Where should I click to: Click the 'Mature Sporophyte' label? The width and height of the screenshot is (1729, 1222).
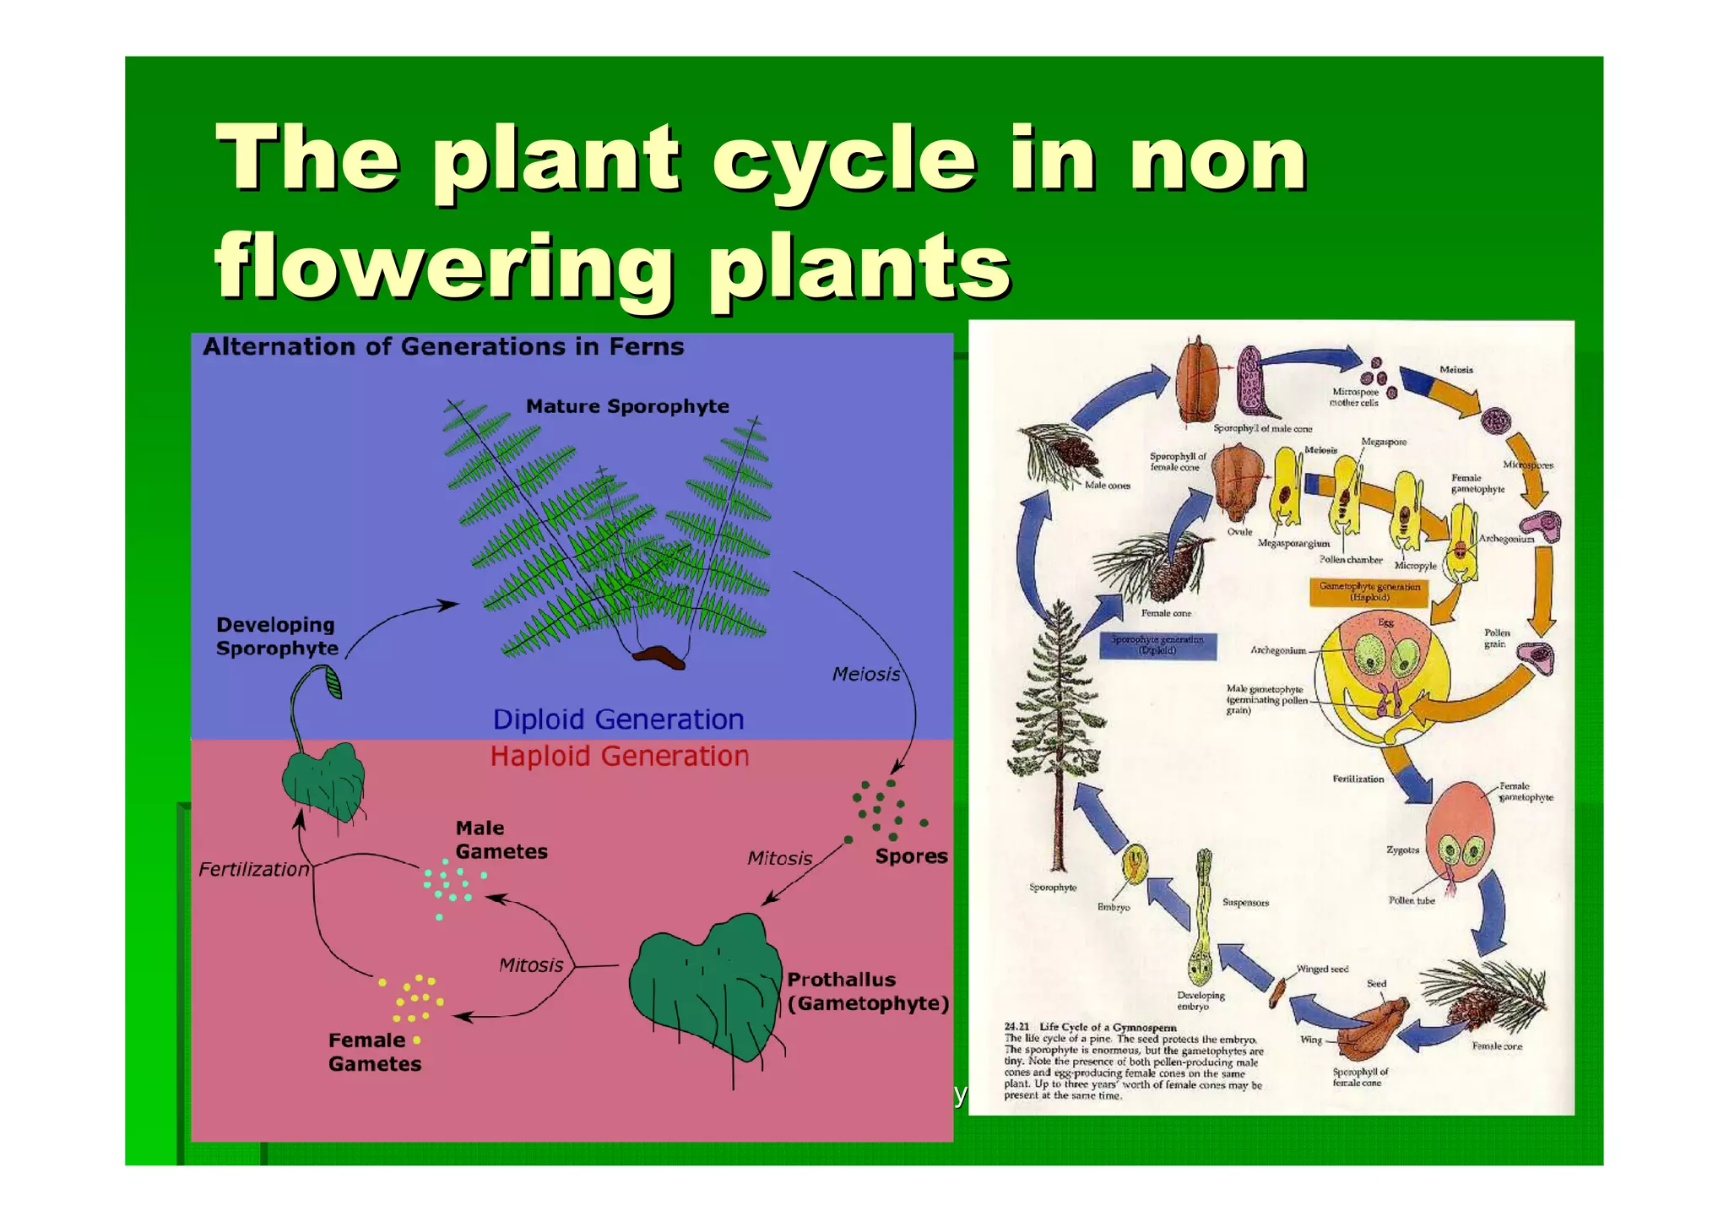[x=627, y=406]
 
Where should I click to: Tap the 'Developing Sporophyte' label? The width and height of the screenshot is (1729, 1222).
[x=277, y=637]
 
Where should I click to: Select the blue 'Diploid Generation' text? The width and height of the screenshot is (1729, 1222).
[x=618, y=720]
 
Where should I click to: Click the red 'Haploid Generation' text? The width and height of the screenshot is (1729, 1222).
[x=620, y=757]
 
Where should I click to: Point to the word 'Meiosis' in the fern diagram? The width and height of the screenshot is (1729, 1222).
[x=865, y=675]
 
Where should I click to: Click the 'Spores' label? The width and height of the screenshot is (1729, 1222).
[x=911, y=856]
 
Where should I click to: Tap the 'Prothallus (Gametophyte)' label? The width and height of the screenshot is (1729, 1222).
[x=867, y=992]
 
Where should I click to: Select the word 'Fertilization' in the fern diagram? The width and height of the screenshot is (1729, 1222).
[x=253, y=870]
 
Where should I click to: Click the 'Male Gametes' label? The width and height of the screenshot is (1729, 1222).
[x=501, y=840]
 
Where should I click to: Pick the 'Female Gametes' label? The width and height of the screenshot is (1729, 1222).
[x=374, y=1052]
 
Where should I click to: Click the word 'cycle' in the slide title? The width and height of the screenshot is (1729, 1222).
[x=844, y=160]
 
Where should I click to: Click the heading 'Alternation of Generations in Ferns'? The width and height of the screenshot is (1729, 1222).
[x=443, y=347]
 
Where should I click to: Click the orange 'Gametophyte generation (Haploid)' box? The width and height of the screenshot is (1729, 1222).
[x=1369, y=592]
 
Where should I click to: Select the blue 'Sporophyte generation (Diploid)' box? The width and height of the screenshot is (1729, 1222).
[x=1157, y=645]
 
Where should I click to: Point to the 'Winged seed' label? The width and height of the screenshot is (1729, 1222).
[x=1322, y=969]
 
